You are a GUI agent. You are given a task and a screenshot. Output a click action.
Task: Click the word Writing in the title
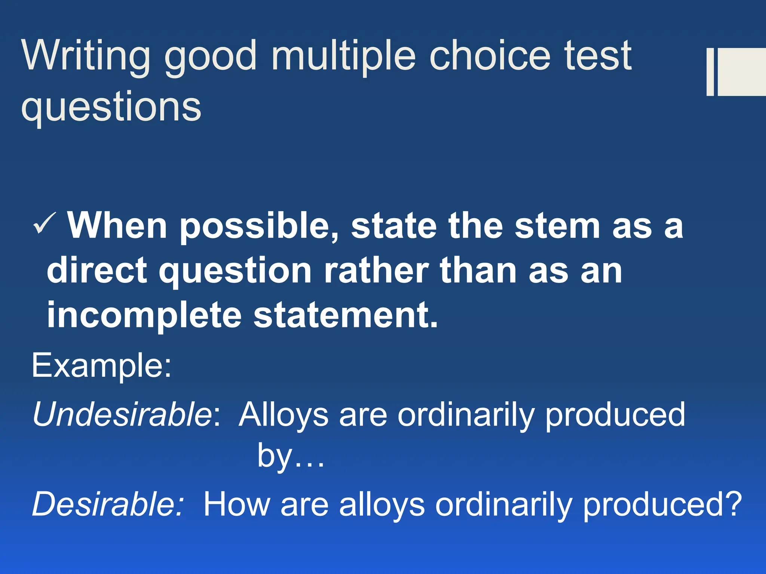[x=86, y=56]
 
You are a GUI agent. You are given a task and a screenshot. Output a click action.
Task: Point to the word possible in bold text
[x=258, y=226]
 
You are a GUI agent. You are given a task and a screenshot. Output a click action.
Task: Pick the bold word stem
[x=557, y=226]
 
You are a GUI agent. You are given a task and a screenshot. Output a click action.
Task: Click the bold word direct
[x=96, y=271]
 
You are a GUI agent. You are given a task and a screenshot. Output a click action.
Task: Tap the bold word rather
[x=376, y=271]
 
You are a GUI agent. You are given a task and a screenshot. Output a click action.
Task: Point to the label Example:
[x=101, y=365]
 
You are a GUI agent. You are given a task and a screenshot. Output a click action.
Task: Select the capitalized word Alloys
[x=284, y=415]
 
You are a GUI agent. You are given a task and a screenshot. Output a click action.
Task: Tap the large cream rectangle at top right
[x=742, y=72]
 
